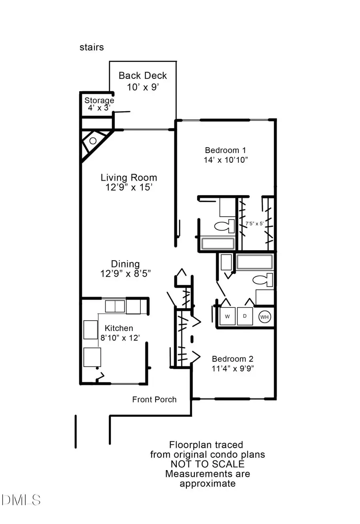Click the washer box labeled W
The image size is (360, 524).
coord(228,317)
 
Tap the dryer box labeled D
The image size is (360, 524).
coord(245,317)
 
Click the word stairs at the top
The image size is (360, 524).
coord(92,47)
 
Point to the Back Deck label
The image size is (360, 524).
coord(143,76)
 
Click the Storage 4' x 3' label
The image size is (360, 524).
coord(99,104)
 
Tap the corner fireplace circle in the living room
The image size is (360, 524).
coord(93,141)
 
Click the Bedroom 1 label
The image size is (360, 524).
coord(225,150)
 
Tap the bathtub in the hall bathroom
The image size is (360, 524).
coord(254,262)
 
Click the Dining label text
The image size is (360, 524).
coord(125,264)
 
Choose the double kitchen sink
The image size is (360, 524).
coord(115,307)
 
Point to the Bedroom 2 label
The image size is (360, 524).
coord(232,359)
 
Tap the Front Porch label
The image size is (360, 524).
coord(154,399)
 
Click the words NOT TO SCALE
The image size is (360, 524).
coord(207,464)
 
